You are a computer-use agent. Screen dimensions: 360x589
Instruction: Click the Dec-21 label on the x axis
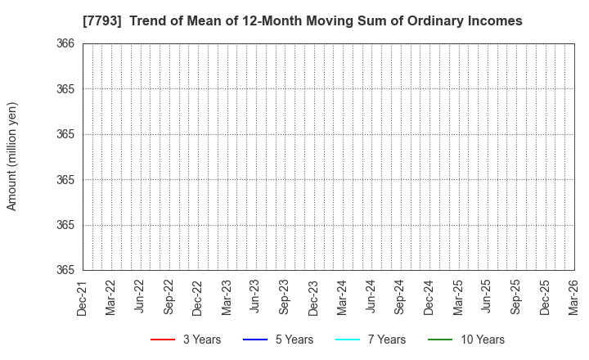[83, 297]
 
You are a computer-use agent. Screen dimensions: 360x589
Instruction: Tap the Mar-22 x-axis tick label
[111, 297]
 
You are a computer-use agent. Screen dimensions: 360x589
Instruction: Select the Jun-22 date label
[140, 297]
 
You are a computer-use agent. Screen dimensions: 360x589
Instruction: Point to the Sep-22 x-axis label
[169, 297]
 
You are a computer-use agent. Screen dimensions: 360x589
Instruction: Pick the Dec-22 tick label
[198, 297]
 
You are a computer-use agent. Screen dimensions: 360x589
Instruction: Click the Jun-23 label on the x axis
[255, 297]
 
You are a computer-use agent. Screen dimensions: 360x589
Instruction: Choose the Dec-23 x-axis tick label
[313, 297]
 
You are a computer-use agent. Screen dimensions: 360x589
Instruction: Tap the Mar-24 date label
[342, 297]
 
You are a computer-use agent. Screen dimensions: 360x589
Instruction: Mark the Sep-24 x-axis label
[400, 297]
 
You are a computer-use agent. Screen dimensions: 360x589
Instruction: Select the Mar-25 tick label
[458, 297]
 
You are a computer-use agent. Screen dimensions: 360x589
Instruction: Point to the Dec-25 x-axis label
[545, 297]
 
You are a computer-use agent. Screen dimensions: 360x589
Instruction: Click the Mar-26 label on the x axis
[573, 297]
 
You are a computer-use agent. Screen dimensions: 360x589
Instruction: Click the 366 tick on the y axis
[66, 44]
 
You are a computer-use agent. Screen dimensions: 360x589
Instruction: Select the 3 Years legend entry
[186, 340]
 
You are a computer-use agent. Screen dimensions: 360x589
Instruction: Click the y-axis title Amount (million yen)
[12, 156]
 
